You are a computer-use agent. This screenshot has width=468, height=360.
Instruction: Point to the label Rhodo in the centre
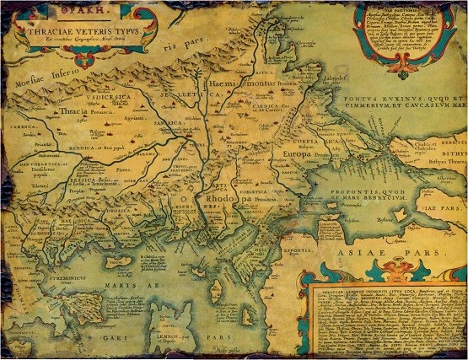pos(221,199)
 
